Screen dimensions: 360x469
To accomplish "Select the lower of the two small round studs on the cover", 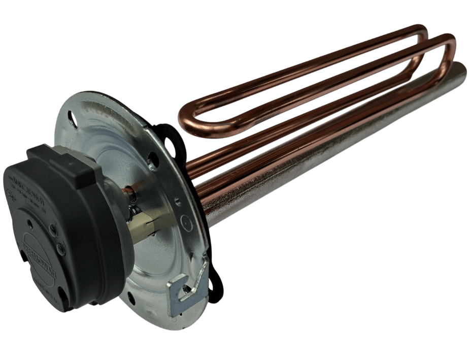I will click(61, 248).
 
